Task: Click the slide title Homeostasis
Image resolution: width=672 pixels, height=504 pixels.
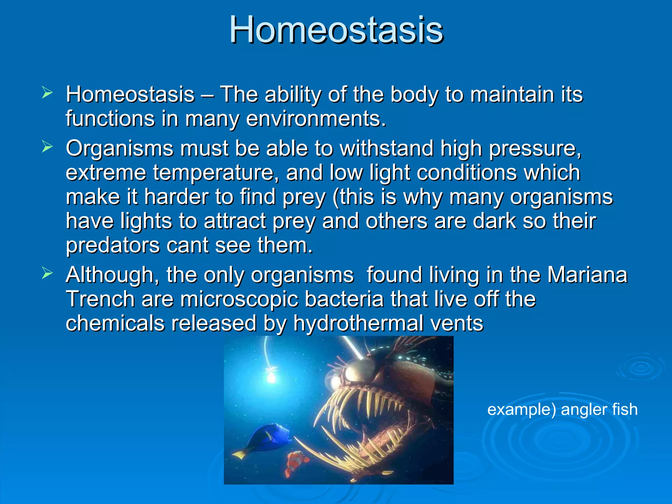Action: [336, 30]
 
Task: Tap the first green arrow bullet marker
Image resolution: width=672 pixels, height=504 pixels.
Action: [47, 93]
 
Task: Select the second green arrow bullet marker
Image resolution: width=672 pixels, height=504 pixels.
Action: [47, 147]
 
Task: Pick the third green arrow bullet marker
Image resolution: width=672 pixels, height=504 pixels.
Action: [47, 273]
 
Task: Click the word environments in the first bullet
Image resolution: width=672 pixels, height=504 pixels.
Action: [316, 119]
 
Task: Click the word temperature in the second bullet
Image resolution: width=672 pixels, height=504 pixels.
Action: [213, 173]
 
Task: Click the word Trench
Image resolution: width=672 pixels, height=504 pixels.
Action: [100, 299]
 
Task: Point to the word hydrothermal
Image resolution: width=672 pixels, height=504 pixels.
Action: [358, 324]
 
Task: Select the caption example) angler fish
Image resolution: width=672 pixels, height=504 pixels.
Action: [562, 409]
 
